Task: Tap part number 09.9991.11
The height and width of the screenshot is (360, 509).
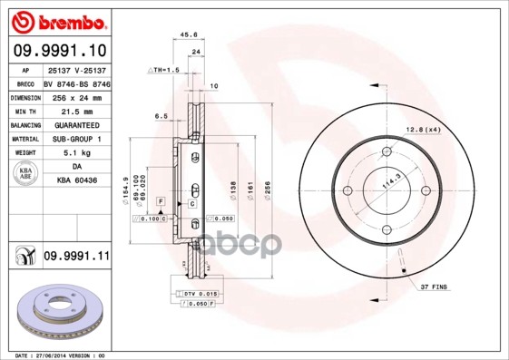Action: [x=75, y=257]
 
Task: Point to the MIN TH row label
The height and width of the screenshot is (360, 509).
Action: [x=24, y=111]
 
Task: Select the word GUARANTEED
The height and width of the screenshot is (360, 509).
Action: [x=73, y=125]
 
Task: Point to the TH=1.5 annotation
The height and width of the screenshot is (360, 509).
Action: [x=164, y=70]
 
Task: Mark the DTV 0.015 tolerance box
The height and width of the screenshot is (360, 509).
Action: [x=199, y=295]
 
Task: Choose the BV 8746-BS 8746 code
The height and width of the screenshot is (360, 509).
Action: [x=76, y=83]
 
